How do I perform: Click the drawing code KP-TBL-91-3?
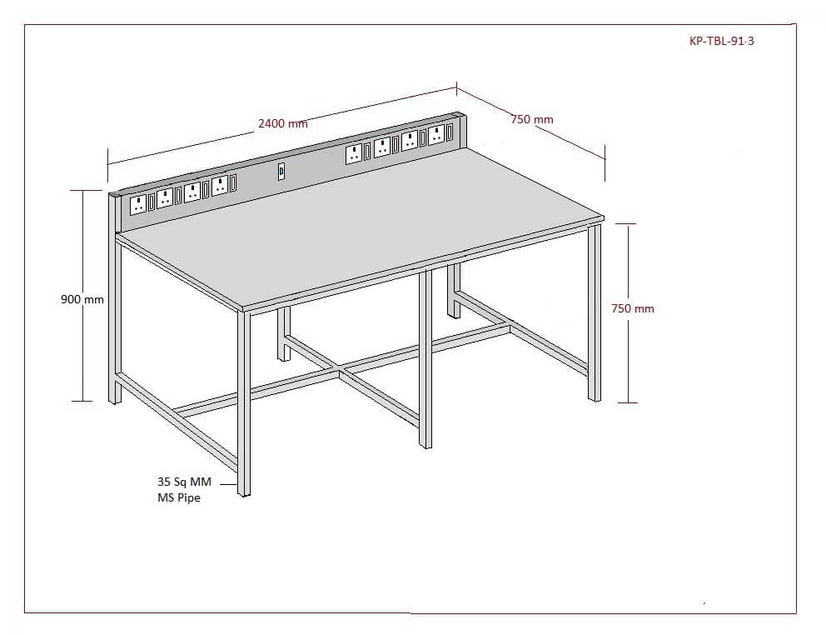click(721, 41)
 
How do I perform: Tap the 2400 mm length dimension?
click(282, 123)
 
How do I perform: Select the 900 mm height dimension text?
click(82, 299)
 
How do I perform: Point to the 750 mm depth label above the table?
click(532, 120)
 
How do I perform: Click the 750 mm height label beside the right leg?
click(633, 308)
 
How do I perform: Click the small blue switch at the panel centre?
click(281, 172)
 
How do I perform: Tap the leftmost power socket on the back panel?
click(138, 205)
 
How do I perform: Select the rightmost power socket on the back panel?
click(436, 134)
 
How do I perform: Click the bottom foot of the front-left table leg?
click(244, 492)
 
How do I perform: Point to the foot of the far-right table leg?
click(595, 397)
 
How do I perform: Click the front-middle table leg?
click(425, 358)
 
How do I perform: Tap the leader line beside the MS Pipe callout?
click(229, 483)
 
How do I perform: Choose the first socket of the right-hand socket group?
click(354, 154)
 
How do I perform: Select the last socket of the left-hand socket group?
click(220, 186)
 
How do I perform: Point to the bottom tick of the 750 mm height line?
click(627, 403)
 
